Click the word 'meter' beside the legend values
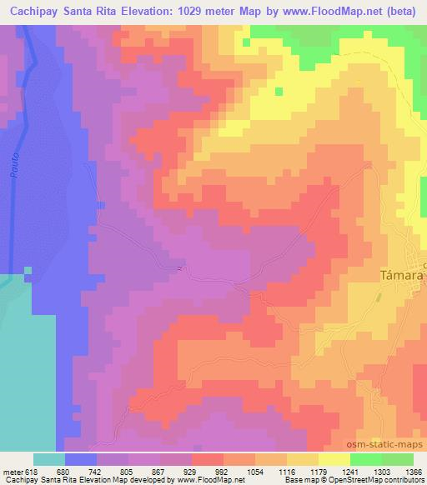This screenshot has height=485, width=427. [10, 471]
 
